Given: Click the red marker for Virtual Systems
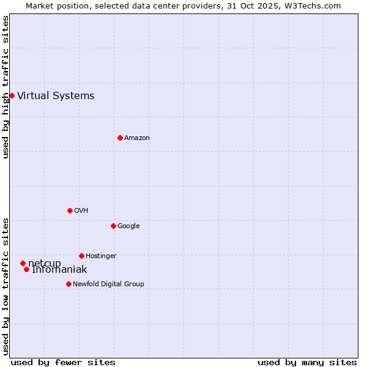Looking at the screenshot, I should [x=12, y=95].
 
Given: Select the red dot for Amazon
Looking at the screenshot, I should [x=120, y=138].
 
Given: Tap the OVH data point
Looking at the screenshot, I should [x=70, y=210].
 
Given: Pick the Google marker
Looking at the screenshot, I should [x=113, y=226].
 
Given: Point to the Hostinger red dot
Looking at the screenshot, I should [x=81, y=256].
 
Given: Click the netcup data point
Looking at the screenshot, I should [x=23, y=263].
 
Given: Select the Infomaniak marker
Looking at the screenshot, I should [x=26, y=269].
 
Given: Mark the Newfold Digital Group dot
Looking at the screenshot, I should [x=69, y=284].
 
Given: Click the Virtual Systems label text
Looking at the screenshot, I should [x=56, y=95].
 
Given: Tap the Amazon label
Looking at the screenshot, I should [x=137, y=138].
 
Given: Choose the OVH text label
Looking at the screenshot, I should [x=81, y=210].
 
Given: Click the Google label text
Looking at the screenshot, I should [x=128, y=226].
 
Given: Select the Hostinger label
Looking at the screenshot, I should [x=101, y=256].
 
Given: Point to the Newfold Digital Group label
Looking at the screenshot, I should [x=108, y=284].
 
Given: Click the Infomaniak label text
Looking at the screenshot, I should [x=60, y=270].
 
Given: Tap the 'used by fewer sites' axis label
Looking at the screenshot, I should [x=63, y=362].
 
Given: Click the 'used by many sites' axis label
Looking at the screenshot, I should [x=307, y=362].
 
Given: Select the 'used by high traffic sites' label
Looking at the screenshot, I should [x=6, y=87].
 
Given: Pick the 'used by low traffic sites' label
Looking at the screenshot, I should [x=6, y=286].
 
